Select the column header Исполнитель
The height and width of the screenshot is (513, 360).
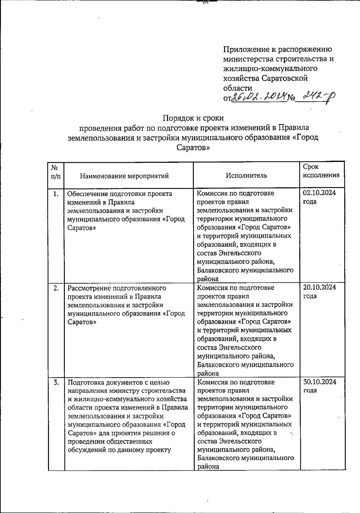(x=246, y=175)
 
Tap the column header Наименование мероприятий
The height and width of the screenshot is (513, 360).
(x=124, y=176)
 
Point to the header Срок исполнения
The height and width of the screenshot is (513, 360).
(x=321, y=171)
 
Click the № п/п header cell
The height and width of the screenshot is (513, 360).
(x=56, y=171)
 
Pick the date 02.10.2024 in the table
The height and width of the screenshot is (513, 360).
(x=319, y=193)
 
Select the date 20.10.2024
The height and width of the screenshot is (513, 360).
(x=319, y=287)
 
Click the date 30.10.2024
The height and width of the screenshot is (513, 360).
(x=319, y=382)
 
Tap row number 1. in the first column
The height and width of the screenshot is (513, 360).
(x=56, y=194)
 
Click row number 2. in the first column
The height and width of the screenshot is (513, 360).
(x=56, y=288)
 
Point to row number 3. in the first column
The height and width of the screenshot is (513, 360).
(x=56, y=383)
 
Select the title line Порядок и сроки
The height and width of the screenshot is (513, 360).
(x=193, y=118)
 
